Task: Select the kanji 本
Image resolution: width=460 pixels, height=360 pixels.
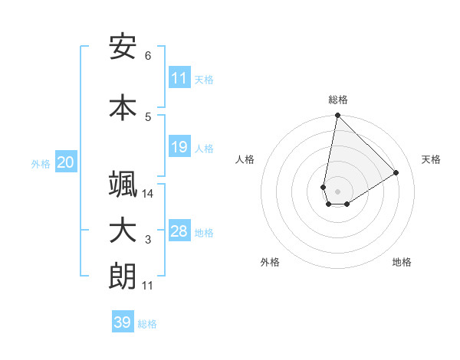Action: [123, 106]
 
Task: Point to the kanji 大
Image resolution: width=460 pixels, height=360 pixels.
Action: [123, 231]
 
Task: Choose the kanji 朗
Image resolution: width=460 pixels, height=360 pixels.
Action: [123, 277]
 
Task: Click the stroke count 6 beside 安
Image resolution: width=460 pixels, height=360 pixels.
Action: [148, 56]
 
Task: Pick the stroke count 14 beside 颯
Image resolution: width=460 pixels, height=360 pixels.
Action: [148, 194]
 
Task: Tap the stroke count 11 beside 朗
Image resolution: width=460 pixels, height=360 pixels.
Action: [148, 286]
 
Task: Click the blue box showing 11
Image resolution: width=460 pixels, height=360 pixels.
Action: [179, 78]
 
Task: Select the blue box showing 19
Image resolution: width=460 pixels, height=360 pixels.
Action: [179, 147]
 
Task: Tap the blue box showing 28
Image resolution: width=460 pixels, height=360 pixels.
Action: [179, 231]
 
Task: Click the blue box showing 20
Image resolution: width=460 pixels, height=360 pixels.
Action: [66, 162]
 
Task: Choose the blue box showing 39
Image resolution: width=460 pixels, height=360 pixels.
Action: [123, 322]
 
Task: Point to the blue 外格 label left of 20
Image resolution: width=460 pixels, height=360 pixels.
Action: [41, 163]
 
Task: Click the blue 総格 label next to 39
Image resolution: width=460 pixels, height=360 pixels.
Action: [148, 324]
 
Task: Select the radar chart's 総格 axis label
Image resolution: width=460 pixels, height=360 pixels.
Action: [338, 100]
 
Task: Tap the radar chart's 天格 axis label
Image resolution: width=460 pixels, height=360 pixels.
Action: [431, 159]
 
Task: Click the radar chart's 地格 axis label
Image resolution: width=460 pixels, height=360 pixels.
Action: [402, 262]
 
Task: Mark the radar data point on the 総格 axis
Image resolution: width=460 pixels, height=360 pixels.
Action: [337, 116]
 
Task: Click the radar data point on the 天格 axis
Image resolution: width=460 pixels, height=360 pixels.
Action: [396, 172]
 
